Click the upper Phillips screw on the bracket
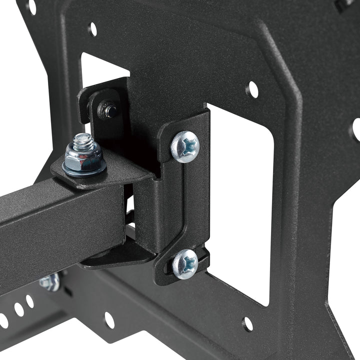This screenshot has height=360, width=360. tap(185, 146)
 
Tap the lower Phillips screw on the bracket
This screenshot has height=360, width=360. tap(185, 263)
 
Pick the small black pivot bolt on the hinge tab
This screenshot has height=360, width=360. tap(106, 108)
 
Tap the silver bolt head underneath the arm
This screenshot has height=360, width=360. tap(50, 281)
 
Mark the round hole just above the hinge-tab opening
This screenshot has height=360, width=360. tap(92, 29)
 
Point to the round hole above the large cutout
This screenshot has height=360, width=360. tap(253, 89)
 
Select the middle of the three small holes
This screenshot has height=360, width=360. tap(19, 309)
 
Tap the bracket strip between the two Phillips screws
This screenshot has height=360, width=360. tap(189, 205)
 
